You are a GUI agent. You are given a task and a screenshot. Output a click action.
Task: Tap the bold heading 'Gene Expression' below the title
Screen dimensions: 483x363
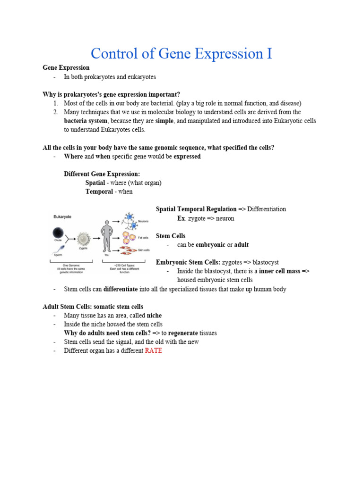point(66,67)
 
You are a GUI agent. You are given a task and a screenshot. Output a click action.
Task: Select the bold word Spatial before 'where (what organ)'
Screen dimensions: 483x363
point(95,183)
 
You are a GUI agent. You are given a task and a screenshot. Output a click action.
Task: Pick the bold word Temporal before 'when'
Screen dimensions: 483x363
point(99,192)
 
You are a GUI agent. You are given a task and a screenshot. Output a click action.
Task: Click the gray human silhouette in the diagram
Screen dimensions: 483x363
point(107,236)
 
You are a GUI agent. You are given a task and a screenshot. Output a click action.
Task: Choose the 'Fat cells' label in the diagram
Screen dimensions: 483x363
point(143,238)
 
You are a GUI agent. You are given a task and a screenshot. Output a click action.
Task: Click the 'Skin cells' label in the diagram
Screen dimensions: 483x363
point(144,250)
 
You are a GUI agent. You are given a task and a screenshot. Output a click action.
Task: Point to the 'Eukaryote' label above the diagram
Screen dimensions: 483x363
point(62,217)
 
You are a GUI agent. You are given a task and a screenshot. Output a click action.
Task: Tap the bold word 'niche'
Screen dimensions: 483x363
point(154,315)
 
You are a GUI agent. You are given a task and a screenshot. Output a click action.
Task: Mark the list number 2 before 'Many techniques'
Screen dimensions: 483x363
point(55,112)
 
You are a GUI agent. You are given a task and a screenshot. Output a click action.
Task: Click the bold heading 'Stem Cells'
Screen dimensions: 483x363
point(171,235)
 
